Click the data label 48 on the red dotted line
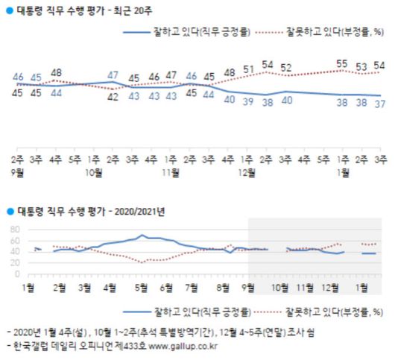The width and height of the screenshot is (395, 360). [56, 73]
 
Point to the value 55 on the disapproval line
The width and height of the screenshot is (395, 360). [343, 65]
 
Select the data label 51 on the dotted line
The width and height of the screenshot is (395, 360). [248, 70]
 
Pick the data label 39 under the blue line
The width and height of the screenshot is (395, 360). [248, 101]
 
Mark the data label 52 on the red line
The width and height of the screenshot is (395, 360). [286, 69]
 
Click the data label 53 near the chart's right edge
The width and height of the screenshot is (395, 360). [361, 67]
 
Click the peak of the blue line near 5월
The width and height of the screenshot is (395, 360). [142, 236]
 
